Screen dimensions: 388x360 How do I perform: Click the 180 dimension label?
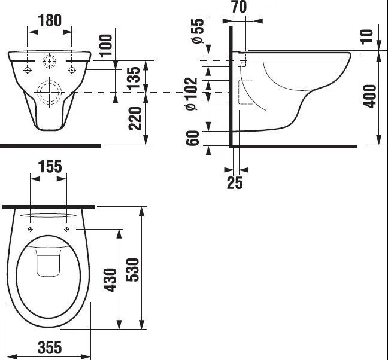pyautogui.click(x=50, y=20)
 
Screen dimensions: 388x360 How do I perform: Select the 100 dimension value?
pyautogui.click(x=106, y=45)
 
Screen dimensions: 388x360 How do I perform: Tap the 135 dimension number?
pyautogui.click(x=133, y=78)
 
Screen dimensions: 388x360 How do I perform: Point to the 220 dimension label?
pyautogui.click(x=135, y=118)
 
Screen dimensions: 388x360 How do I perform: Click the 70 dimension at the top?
pyautogui.click(x=240, y=7)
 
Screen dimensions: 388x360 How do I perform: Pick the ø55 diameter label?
pyautogui.click(x=198, y=31)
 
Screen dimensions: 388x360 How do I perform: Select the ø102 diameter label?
pyautogui.click(x=192, y=94)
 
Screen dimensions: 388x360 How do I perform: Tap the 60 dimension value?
pyautogui.click(x=193, y=138)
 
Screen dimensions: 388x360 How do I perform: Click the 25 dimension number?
pyautogui.click(x=235, y=183)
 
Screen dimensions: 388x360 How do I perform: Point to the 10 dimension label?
pyautogui.click(x=366, y=37)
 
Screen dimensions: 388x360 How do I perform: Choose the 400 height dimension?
pyautogui.click(x=369, y=96)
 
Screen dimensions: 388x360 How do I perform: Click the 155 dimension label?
pyautogui.click(x=50, y=166)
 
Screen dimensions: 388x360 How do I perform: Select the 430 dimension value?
pyautogui.click(x=110, y=280)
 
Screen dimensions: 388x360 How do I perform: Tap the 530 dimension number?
pyautogui.click(x=133, y=270)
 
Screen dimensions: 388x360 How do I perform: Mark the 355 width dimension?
pyautogui.click(x=50, y=347)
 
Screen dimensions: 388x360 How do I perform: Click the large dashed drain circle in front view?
pyautogui.click(x=50, y=92)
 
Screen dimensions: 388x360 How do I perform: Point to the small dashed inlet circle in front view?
pyautogui.click(x=50, y=61)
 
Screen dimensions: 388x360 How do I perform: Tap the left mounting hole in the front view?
pyautogui.click(x=28, y=70)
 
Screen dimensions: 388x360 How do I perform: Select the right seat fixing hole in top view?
pyautogui.click(x=66, y=230)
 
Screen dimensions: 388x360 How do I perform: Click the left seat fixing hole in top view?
pyautogui.click(x=30, y=230)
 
